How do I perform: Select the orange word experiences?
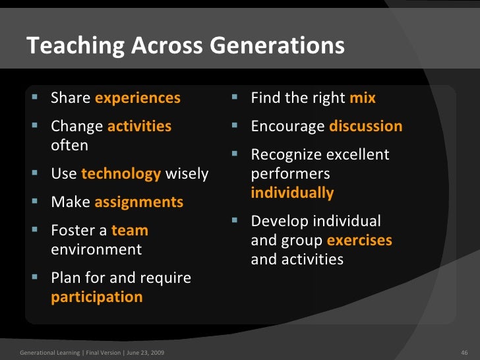point(138,98)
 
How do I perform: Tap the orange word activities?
point(139,126)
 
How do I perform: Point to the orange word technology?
point(121,174)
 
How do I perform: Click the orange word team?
point(130,231)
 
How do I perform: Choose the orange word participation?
point(97,297)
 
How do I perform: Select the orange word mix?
point(363,98)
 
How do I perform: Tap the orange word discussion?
point(366,126)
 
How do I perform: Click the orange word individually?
point(292,193)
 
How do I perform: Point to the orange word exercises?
point(359,241)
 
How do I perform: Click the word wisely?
point(187,174)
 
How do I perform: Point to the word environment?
point(96,250)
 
